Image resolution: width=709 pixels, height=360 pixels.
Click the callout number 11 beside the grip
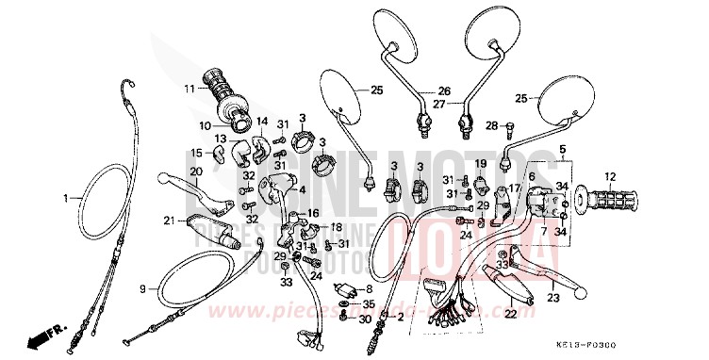click(189, 90)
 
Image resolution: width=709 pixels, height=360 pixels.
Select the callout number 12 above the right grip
click(609, 176)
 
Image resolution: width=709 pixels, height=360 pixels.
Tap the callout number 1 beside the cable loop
click(67, 199)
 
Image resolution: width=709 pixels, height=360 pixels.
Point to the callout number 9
click(143, 288)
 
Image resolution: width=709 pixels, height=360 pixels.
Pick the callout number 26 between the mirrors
click(443, 91)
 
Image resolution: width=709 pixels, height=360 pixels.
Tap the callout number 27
click(439, 105)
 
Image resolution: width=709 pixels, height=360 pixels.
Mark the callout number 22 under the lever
click(509, 314)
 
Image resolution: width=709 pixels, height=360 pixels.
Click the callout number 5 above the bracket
click(564, 150)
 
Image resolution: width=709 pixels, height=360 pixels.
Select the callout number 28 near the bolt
click(491, 125)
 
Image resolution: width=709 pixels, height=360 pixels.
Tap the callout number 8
click(370, 288)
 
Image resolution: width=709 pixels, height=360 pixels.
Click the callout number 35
click(370, 305)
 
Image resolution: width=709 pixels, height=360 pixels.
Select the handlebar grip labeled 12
click(610, 200)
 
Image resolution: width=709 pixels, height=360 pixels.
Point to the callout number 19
click(480, 163)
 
